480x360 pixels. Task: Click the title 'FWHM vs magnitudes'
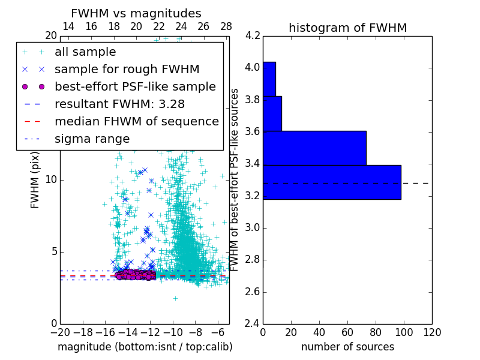click(x=136, y=13)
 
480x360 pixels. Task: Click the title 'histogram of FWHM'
click(x=347, y=28)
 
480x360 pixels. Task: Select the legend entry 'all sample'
click(x=85, y=52)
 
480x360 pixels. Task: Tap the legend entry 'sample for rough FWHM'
click(x=127, y=69)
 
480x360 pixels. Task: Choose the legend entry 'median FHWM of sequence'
click(x=136, y=121)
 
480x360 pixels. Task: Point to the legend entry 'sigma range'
click(x=92, y=139)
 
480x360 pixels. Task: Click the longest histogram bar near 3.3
click(x=332, y=182)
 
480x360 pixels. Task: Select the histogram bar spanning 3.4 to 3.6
click(x=314, y=148)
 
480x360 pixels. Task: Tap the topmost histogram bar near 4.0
click(x=269, y=79)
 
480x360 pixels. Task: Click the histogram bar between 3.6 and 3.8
click(x=272, y=113)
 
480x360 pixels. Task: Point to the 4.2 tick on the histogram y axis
click(x=252, y=35)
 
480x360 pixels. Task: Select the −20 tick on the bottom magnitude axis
click(x=60, y=332)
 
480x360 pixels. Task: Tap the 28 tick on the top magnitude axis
click(x=226, y=26)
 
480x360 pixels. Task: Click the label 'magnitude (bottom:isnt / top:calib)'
click(x=145, y=347)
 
